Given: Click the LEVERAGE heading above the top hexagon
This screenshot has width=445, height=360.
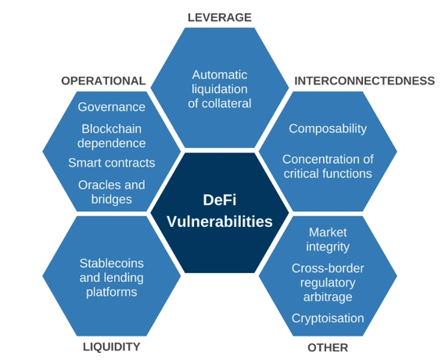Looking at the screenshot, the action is pyautogui.click(x=220, y=17).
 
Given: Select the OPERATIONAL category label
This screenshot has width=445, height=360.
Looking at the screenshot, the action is pyautogui.click(x=103, y=81).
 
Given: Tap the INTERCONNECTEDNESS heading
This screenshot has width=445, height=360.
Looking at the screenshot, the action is pyautogui.click(x=364, y=81).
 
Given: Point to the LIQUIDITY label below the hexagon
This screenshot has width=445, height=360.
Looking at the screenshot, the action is pyautogui.click(x=112, y=347).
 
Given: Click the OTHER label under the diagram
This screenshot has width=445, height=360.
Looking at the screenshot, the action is pyautogui.click(x=328, y=347).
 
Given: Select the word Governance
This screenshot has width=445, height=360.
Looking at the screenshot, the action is pyautogui.click(x=112, y=107).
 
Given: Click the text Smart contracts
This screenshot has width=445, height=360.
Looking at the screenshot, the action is pyautogui.click(x=112, y=163).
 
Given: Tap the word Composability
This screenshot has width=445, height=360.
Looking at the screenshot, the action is pyautogui.click(x=328, y=129).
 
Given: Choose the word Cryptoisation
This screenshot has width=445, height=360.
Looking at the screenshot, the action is pyautogui.click(x=328, y=319).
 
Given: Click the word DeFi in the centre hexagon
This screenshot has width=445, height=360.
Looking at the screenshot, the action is pyautogui.click(x=220, y=200).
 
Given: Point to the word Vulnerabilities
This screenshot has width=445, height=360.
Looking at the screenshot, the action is pyautogui.click(x=220, y=221).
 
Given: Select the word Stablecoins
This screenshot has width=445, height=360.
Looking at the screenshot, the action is pyautogui.click(x=112, y=264).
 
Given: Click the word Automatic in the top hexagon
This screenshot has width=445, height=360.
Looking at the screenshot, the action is pyautogui.click(x=220, y=75).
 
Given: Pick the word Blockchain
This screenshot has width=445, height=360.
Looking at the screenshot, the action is pyautogui.click(x=112, y=129).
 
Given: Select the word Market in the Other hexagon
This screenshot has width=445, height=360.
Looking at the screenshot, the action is pyautogui.click(x=328, y=232).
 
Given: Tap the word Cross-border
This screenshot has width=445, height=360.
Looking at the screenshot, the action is pyautogui.click(x=328, y=268).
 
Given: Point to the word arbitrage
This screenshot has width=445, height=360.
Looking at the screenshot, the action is pyautogui.click(x=328, y=297).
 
